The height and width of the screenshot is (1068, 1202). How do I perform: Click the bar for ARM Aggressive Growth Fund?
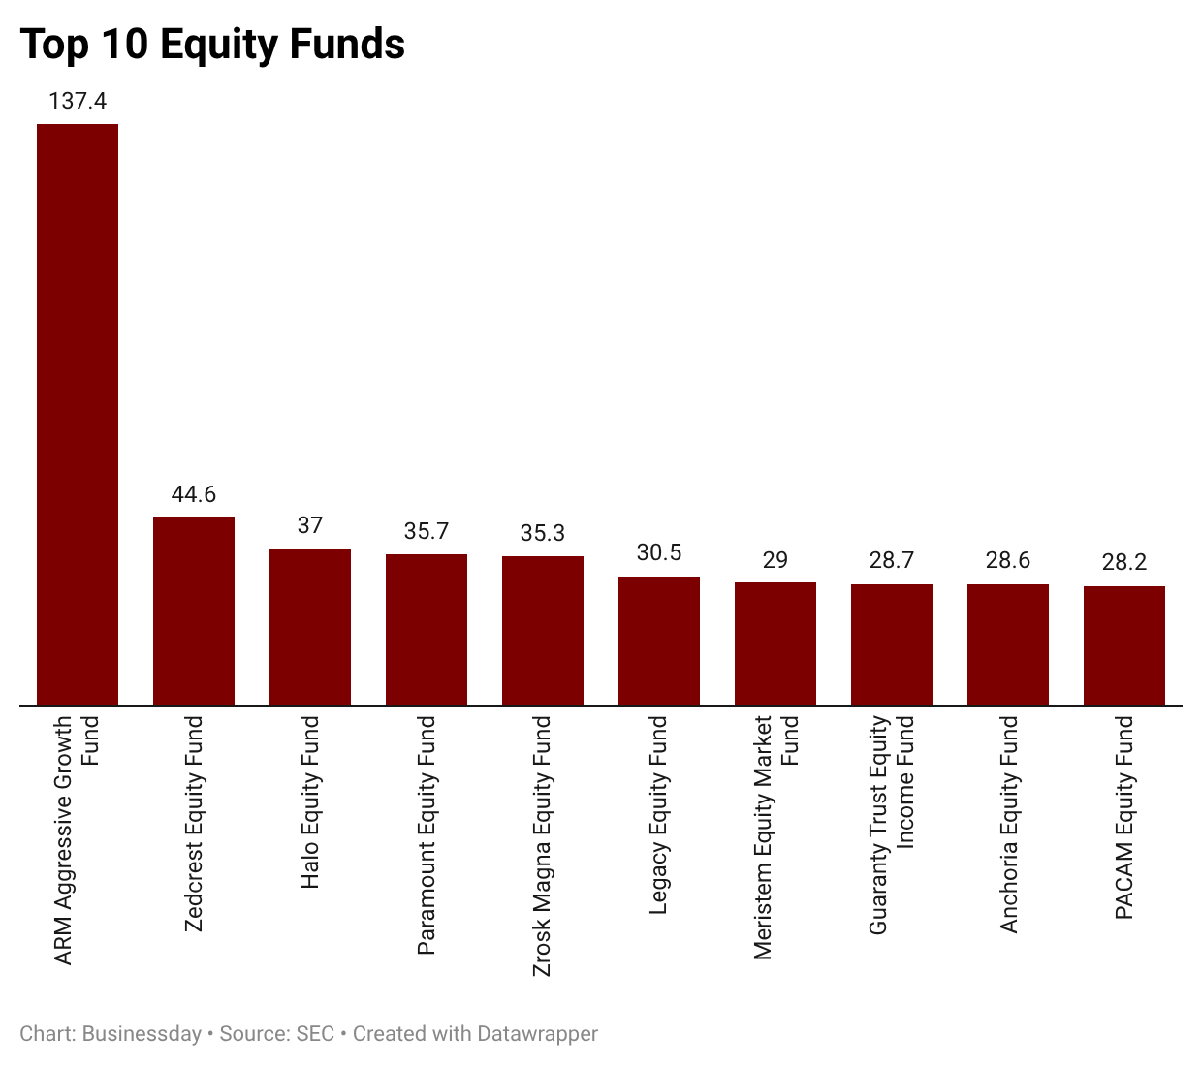pyautogui.click(x=78, y=414)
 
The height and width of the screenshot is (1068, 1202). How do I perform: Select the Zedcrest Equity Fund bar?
pyautogui.click(x=194, y=611)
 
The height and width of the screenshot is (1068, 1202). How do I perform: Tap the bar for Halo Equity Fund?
pyautogui.click(x=310, y=626)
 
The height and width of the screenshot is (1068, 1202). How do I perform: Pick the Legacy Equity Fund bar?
pyautogui.click(x=659, y=641)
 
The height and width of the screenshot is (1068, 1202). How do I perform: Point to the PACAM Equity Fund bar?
pyautogui.click(x=1124, y=645)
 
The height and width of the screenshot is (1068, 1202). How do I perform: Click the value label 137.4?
pyautogui.click(x=78, y=101)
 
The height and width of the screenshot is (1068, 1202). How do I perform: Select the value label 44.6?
pyautogui.click(x=194, y=494)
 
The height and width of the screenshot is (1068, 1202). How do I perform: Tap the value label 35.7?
pyautogui.click(x=427, y=531)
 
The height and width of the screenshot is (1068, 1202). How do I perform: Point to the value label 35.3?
pyautogui.click(x=543, y=533)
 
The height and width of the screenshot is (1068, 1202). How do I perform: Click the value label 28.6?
pyautogui.click(x=1008, y=560)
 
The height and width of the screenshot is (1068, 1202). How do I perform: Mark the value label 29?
pyautogui.click(x=775, y=560)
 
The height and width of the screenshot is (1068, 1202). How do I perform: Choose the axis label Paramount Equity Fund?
pyautogui.click(x=427, y=834)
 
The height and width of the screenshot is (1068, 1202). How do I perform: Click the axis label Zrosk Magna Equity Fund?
pyautogui.click(x=543, y=846)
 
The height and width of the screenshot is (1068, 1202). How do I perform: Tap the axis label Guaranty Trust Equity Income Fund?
pyautogui.click(x=892, y=825)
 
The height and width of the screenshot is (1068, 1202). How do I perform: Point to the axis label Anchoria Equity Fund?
pyautogui.click(x=1009, y=825)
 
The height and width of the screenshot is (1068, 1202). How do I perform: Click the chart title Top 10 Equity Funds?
pyautogui.click(x=212, y=45)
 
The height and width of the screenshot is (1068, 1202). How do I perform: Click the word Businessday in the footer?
pyautogui.click(x=142, y=1034)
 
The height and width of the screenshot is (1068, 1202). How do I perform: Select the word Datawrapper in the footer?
pyautogui.click(x=537, y=1034)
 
